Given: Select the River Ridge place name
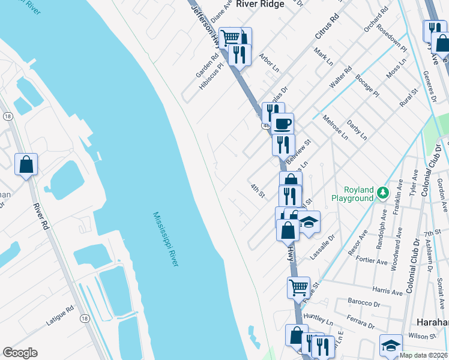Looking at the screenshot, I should pyautogui.click(x=260, y=4).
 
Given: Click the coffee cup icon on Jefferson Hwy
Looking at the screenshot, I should pyautogui.click(x=282, y=124).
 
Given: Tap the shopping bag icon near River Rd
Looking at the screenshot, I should pyautogui.click(x=26, y=164).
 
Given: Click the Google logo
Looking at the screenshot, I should pyautogui.click(x=20, y=353).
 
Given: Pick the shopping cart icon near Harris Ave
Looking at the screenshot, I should pyautogui.click(x=298, y=287).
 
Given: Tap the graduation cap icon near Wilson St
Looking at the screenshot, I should pyautogui.click(x=391, y=345).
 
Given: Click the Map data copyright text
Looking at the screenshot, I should pyautogui.click(x=423, y=355).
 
